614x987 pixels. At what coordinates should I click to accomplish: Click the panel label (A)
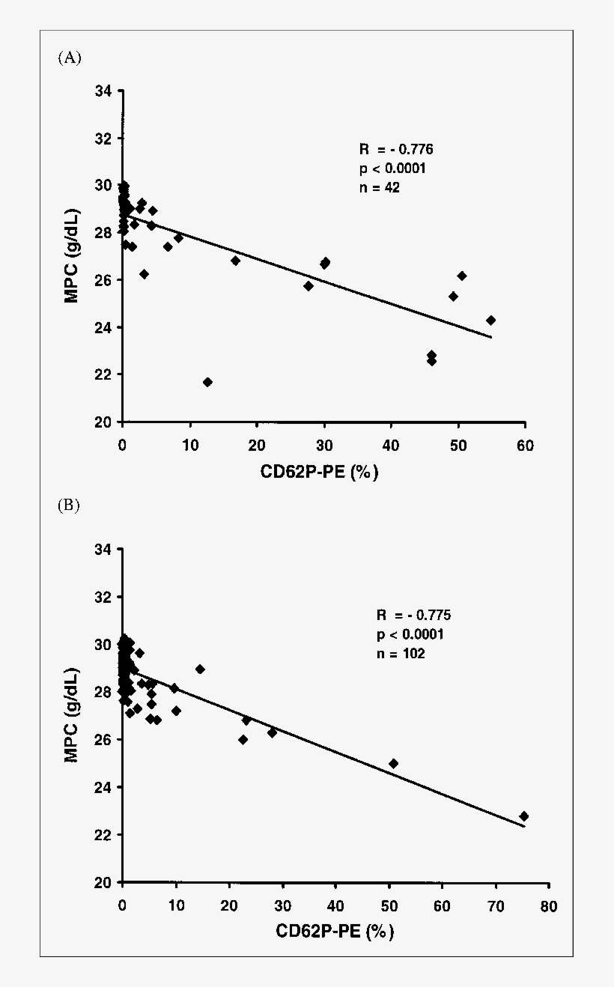click(x=69, y=58)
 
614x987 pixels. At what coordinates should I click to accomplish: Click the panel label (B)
click(x=69, y=505)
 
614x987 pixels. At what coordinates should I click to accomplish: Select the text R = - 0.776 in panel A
click(x=396, y=149)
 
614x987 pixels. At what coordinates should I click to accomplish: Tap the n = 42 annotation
click(x=379, y=188)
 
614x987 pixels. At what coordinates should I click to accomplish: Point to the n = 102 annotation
click(x=400, y=653)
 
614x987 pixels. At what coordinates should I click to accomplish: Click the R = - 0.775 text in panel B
click(x=413, y=616)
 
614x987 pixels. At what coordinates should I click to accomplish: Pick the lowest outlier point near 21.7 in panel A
click(x=207, y=382)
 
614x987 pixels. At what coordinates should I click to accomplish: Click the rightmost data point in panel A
click(x=490, y=320)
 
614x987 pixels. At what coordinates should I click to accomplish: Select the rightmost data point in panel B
click(x=523, y=816)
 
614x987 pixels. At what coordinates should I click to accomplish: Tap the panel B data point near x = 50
click(x=393, y=763)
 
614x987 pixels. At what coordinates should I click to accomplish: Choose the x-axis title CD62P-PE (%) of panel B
click(x=335, y=932)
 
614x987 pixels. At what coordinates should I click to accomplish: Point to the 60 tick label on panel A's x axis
click(x=525, y=445)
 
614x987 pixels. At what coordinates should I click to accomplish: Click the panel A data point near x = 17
click(x=235, y=261)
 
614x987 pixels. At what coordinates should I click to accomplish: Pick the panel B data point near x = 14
click(x=200, y=669)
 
